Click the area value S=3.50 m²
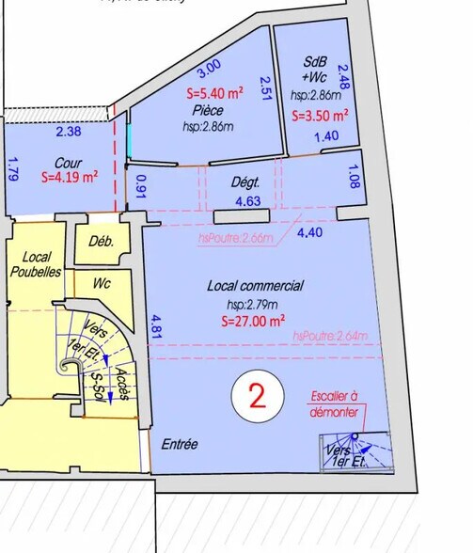321,117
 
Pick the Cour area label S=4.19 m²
68,176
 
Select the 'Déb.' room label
101,241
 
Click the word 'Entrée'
180,444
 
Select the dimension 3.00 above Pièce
208,66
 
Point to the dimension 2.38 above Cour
69,132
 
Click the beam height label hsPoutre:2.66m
230,239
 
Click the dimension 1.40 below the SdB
325,136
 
